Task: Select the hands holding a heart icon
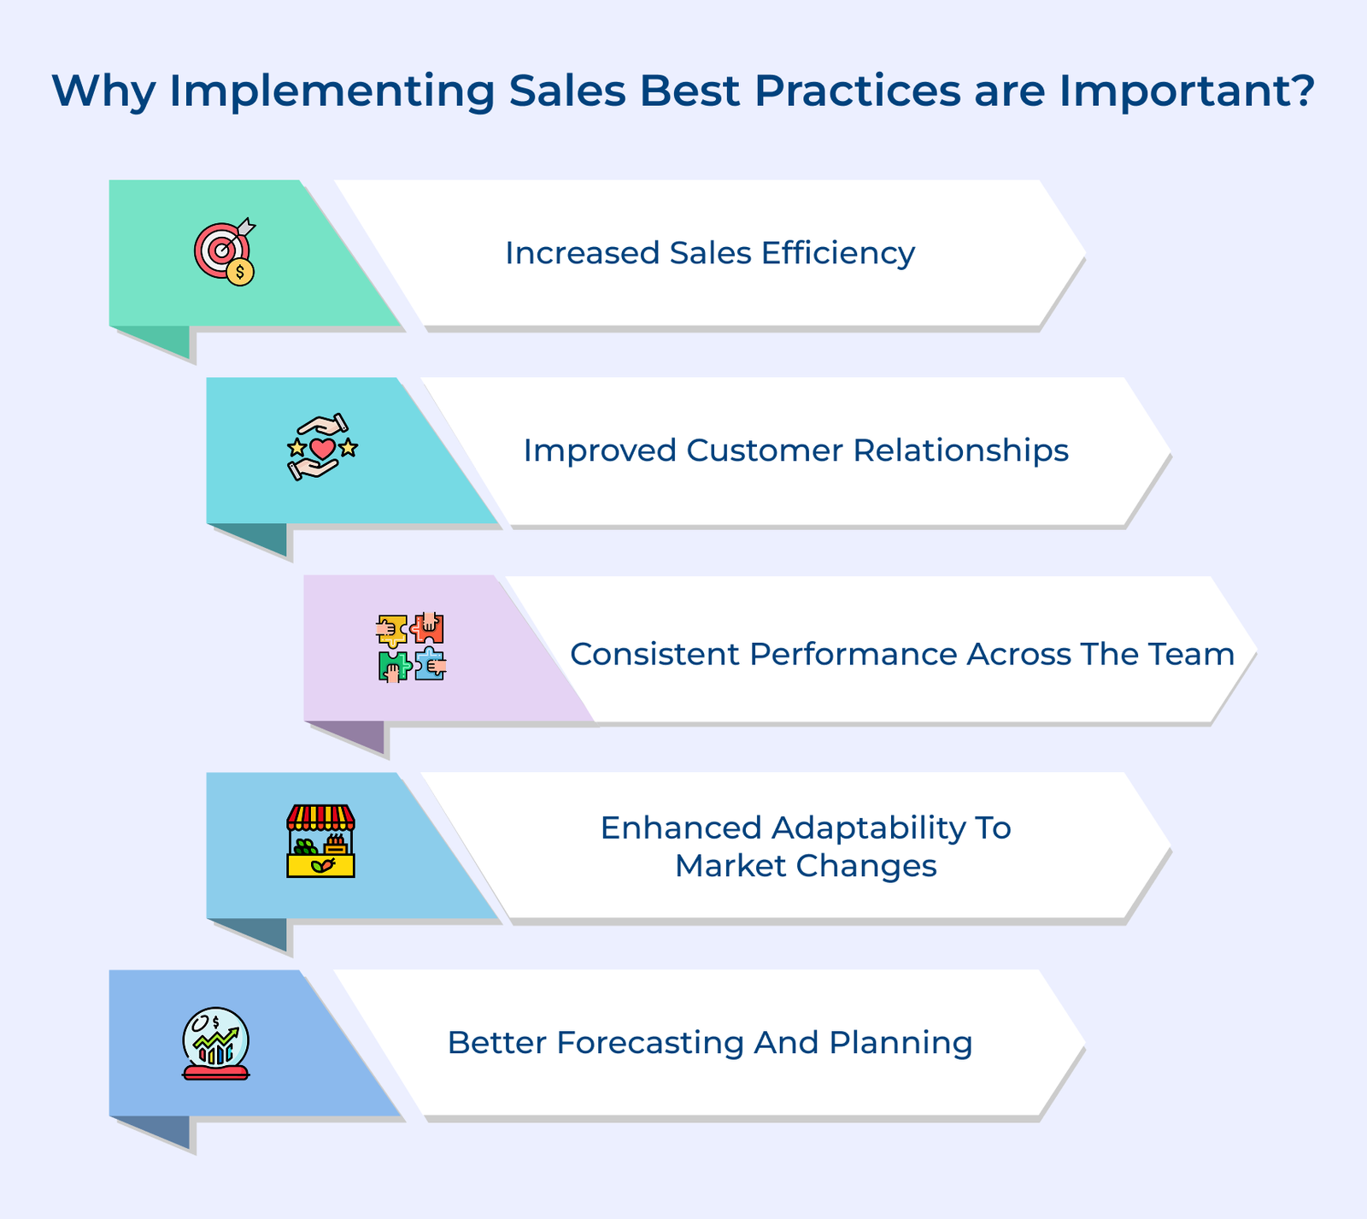[x=322, y=447]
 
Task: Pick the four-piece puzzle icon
[x=412, y=647]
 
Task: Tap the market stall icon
[x=320, y=841]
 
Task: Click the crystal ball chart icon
[x=216, y=1043]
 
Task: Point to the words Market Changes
[x=806, y=866]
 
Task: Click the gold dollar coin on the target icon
[x=240, y=272]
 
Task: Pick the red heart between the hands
[x=322, y=448]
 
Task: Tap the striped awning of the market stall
[x=320, y=817]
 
